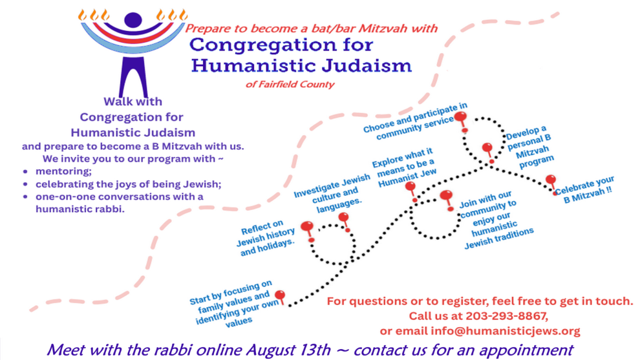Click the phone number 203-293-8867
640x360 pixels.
[x=506, y=316]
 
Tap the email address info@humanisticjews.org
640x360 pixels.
[x=506, y=331]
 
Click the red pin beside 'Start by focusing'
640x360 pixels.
[x=281, y=297]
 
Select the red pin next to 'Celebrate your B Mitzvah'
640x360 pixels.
[x=551, y=184]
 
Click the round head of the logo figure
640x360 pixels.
[x=133, y=20]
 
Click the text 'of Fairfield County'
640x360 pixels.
[x=290, y=85]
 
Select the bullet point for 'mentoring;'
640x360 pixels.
[x=26, y=172]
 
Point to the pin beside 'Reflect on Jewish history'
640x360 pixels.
[x=308, y=231]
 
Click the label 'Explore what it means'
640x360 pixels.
[x=405, y=167]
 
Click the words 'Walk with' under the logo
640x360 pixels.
[x=133, y=101]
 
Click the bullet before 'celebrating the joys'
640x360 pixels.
[x=26, y=184]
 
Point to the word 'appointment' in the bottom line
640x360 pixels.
[x=526, y=350]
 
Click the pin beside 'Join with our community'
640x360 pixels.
[x=447, y=200]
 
